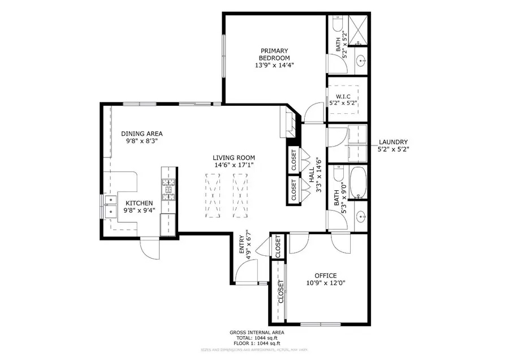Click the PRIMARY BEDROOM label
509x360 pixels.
[274, 54]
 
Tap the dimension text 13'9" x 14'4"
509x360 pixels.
[274, 65]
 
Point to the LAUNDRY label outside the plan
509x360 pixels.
[392, 142]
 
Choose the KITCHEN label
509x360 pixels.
[139, 203]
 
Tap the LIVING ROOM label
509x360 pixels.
[234, 158]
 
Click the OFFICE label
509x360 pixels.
[325, 276]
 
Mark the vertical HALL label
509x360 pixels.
[312, 175]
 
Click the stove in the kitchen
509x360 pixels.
[169, 190]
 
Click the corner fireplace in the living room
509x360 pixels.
[288, 124]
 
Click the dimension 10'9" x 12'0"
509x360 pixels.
[325, 284]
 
